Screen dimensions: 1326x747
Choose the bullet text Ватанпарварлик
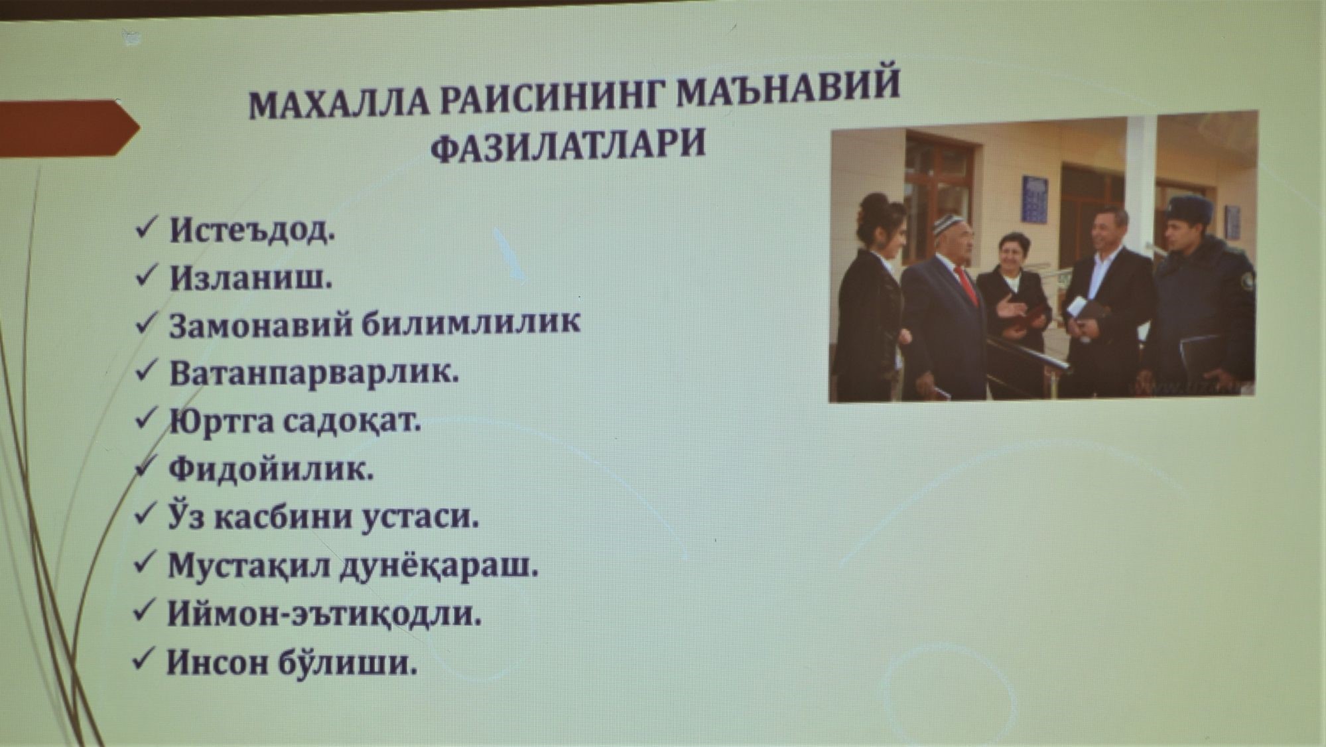314,373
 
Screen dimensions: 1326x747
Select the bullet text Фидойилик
271,470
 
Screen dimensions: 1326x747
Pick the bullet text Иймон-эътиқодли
324,614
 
